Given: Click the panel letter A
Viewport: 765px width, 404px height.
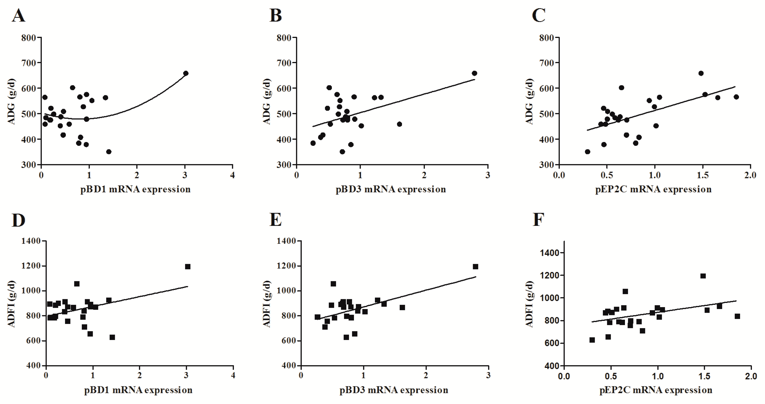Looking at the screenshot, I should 18,15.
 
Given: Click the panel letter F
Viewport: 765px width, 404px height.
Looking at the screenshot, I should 538,220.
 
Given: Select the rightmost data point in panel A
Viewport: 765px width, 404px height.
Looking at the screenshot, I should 186,73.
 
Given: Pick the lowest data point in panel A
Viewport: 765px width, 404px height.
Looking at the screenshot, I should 109,152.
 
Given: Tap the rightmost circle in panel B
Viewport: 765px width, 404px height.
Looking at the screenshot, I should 474,73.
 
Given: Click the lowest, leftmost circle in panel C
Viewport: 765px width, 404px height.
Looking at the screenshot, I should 587,152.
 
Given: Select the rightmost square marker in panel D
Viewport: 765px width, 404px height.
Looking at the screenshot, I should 188,267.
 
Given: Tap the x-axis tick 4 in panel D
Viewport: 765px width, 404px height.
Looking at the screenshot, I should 233,376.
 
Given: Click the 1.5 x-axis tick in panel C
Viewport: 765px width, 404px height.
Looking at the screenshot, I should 703,175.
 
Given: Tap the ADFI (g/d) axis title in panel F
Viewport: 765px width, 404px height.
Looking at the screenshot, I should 529,304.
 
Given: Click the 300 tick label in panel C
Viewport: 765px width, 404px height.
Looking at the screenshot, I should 546,165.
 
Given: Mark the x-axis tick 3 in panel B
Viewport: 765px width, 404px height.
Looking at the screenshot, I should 488,175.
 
